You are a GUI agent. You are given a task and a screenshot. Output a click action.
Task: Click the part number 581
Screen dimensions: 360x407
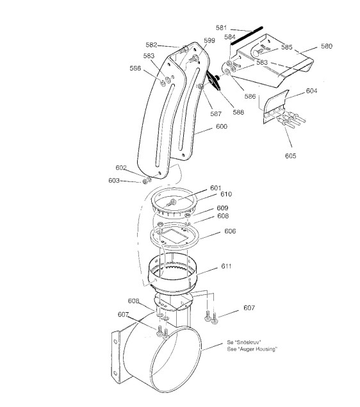coord(221,28)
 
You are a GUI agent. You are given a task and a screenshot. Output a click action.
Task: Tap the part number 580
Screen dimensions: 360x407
coord(327,46)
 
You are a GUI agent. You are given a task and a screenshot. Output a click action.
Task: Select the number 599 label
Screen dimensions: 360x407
coord(209,40)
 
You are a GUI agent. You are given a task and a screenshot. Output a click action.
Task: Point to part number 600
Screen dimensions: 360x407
coord(222,126)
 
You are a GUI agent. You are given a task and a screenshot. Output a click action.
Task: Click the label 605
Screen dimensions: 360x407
coord(290,156)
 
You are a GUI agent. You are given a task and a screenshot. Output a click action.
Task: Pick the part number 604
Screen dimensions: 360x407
coord(311,90)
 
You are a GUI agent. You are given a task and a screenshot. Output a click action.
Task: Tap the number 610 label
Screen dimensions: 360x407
coord(226,194)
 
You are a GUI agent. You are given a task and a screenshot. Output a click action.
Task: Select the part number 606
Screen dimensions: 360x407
coord(230,231)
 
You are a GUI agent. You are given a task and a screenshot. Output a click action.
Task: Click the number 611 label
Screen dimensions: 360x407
coord(226,266)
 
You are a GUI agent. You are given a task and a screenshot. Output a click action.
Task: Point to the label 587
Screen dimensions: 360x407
coord(216,113)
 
